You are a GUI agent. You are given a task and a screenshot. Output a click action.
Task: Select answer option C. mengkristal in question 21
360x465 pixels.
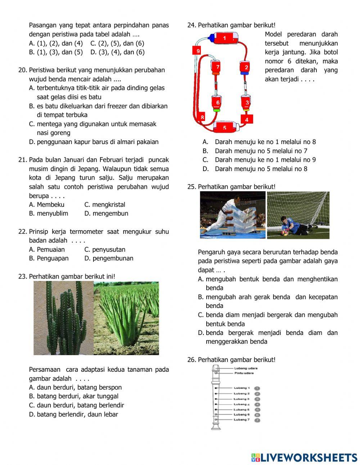pyautogui.click(x=105, y=205)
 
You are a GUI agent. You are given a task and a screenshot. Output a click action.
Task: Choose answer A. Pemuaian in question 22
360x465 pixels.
pyautogui.click(x=47, y=249)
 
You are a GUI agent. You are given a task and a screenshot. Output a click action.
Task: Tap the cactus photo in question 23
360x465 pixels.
pyautogui.click(x=63, y=318)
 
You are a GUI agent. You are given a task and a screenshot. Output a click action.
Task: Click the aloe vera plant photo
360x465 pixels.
pyautogui.click(x=126, y=318)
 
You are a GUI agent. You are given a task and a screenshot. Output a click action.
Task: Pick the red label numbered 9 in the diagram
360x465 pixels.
pyautogui.click(x=198, y=51)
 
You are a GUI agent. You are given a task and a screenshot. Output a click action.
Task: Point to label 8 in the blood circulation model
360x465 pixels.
pyautogui.click(x=202, y=117)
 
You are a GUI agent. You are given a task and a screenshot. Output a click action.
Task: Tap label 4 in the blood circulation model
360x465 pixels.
pyautogui.click(x=247, y=119)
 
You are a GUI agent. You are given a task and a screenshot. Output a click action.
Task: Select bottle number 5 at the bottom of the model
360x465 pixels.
pyautogui.click(x=225, y=128)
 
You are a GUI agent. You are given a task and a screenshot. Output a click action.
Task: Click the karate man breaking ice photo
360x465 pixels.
pyautogui.click(x=233, y=215)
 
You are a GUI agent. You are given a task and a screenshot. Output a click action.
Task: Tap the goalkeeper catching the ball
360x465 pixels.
pyautogui.click(x=298, y=215)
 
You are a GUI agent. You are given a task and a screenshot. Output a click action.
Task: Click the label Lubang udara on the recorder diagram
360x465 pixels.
pyautogui.click(x=246, y=368)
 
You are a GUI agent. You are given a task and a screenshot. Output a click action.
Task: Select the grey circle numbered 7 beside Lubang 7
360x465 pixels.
pyautogui.click(x=257, y=420)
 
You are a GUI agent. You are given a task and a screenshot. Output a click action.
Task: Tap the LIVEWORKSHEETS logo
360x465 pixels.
pyautogui.click(x=304, y=457)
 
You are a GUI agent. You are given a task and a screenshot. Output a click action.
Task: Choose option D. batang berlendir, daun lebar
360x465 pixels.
pyautogui.click(x=73, y=414)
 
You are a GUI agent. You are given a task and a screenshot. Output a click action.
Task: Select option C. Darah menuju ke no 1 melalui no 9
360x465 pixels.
pyautogui.click(x=259, y=160)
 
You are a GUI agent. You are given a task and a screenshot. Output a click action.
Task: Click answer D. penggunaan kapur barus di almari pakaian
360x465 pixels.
pyautogui.click(x=94, y=142)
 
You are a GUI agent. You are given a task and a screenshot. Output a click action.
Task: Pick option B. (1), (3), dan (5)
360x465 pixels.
pyautogui.click(x=56, y=52)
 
